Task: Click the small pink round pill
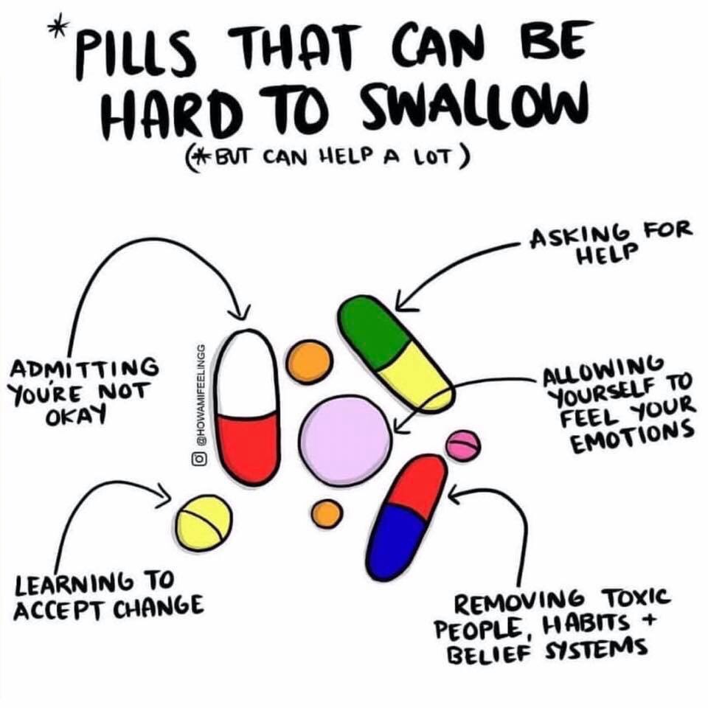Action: (x=463, y=445)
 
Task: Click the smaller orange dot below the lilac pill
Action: (x=327, y=513)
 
